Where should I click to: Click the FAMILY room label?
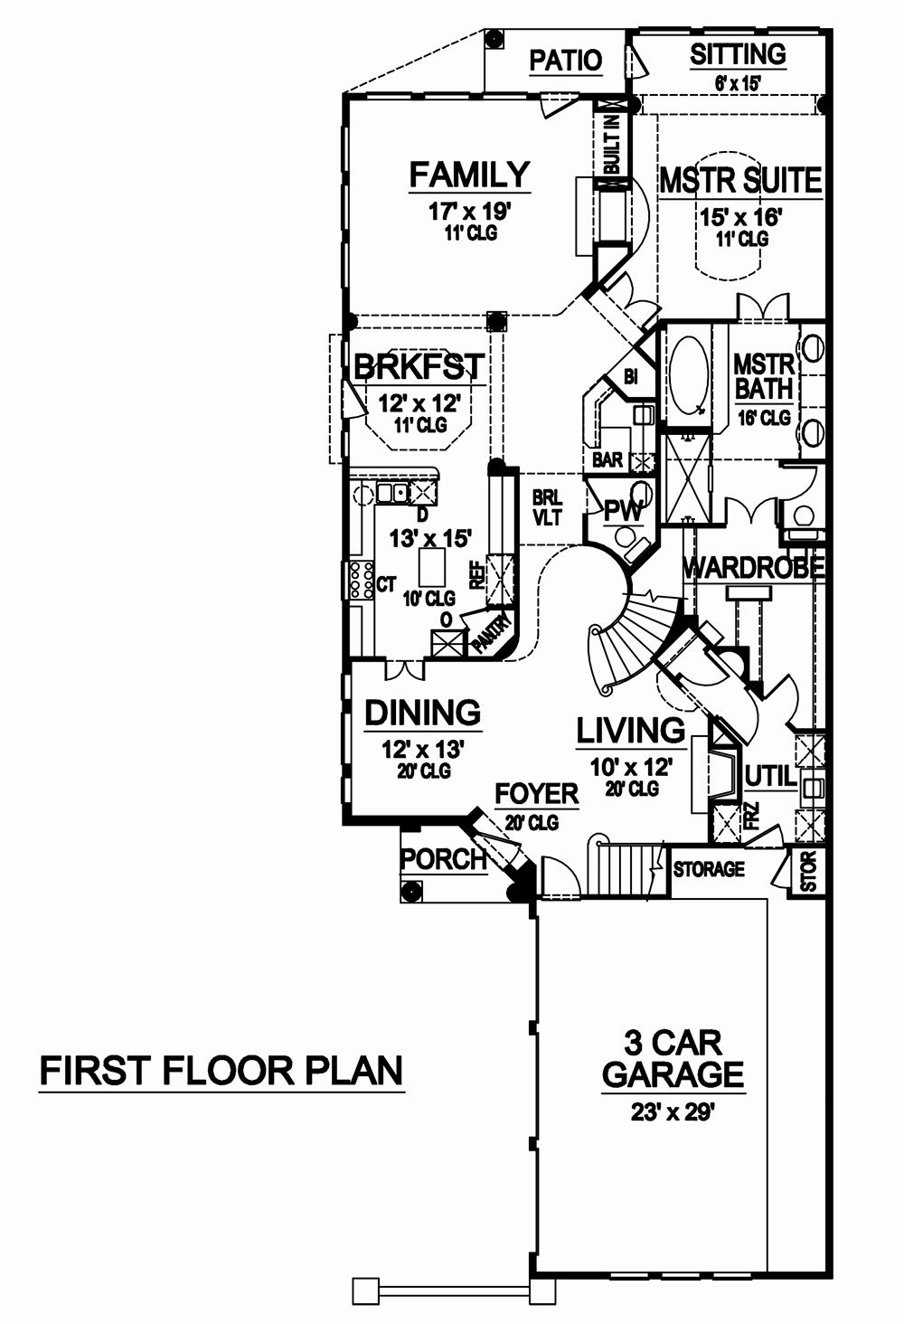click(468, 174)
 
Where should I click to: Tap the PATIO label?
click(565, 61)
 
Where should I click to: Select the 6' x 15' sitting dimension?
click(737, 82)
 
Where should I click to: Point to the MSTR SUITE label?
click(739, 181)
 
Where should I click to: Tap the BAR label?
click(607, 460)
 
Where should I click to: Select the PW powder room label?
click(623, 512)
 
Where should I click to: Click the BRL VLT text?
click(547, 508)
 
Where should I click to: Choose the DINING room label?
click(422, 714)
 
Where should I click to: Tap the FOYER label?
click(536, 794)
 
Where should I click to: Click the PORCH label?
click(443, 859)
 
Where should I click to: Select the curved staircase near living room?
click(628, 642)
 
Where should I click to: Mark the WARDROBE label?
click(753, 568)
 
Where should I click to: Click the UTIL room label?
click(770, 776)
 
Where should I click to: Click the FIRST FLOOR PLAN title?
click(221, 1071)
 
